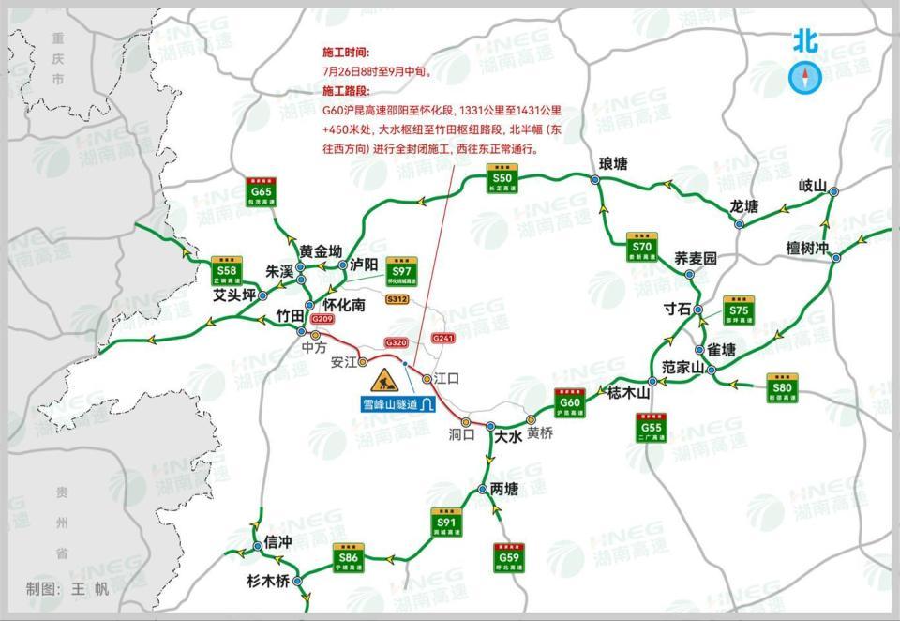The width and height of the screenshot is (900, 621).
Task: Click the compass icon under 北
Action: (804, 77)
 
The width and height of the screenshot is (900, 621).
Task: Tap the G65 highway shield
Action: (261, 192)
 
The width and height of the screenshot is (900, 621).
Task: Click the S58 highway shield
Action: (226, 269)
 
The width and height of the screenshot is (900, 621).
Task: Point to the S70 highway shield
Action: (642, 247)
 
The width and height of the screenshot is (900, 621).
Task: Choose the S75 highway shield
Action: (740, 311)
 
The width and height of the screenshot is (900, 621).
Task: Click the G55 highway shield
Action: (652, 428)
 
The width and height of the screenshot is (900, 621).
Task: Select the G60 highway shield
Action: (571, 403)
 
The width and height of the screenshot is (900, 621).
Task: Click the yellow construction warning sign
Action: (385, 380)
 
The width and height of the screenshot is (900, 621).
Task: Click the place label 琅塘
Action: (613, 163)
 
